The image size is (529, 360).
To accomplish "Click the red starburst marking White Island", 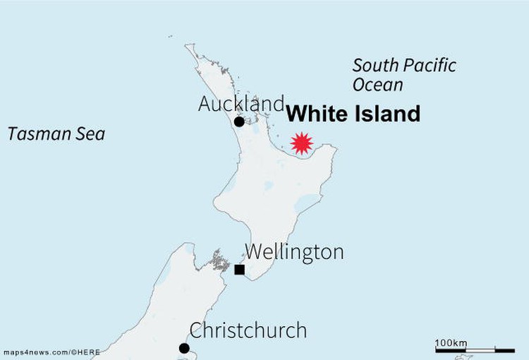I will [x=302, y=143].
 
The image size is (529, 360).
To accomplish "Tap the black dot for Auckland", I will [x=239, y=121].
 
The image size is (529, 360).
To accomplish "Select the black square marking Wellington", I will [x=240, y=269].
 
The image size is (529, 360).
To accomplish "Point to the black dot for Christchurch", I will [x=184, y=347].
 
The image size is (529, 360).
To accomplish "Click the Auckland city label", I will [x=241, y=104].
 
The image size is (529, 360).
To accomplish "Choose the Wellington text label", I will [x=294, y=251].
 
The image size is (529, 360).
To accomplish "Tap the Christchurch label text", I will [x=248, y=330].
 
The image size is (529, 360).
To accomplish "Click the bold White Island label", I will [x=354, y=114].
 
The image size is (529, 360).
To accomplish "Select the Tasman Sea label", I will [x=56, y=133].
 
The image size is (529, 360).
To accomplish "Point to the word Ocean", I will [x=378, y=85].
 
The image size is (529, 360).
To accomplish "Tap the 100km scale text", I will [x=451, y=342].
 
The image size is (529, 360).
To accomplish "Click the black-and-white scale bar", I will [x=475, y=350].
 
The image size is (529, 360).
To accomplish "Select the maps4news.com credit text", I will [x=51, y=352].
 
